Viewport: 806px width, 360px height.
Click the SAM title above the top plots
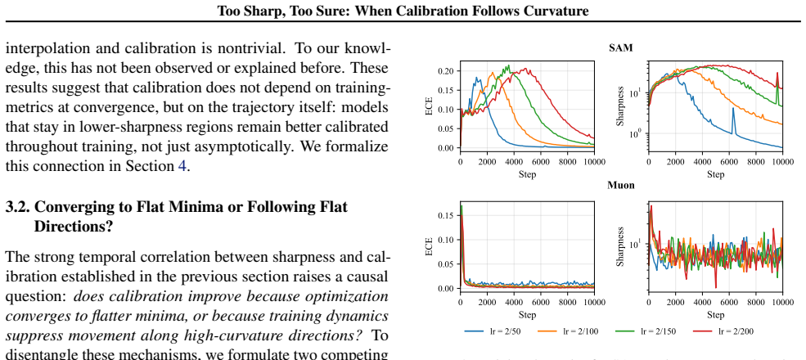point(620,47)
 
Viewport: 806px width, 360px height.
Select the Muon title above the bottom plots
point(620,185)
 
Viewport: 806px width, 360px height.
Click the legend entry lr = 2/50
point(493,331)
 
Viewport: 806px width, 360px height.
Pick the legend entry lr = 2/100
point(568,331)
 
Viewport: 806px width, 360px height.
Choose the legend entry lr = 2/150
point(645,331)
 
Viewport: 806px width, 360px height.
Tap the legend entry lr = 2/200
point(723,331)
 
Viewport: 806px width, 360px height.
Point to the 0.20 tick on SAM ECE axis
point(446,71)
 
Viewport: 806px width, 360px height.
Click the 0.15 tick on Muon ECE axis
point(446,215)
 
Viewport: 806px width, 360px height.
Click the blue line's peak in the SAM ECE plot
point(477,78)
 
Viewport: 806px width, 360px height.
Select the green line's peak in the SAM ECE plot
point(508,65)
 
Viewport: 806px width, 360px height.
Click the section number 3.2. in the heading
point(17,207)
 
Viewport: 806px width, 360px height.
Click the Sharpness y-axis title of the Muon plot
point(620,246)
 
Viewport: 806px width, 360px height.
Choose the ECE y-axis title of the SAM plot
point(429,106)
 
